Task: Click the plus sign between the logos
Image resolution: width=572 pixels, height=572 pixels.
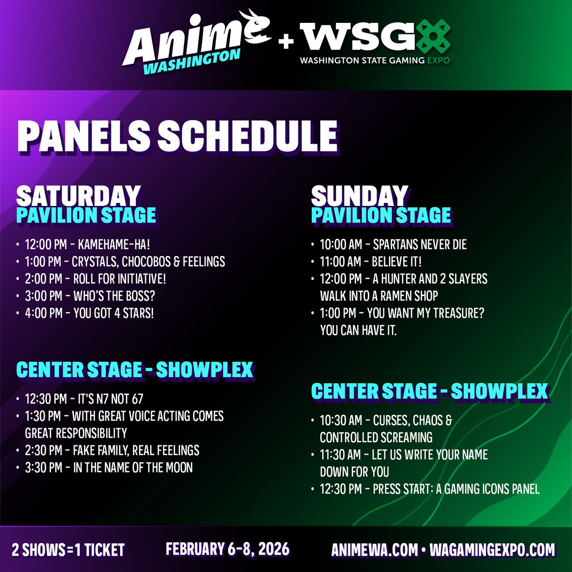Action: pos(286,42)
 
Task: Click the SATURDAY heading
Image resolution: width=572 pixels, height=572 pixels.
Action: pos(78,195)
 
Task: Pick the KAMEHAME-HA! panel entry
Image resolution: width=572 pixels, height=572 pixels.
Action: pos(88,245)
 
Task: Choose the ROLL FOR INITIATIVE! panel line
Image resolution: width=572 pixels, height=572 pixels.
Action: pos(95,279)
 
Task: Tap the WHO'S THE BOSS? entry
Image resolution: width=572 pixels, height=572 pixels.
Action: pos(90,296)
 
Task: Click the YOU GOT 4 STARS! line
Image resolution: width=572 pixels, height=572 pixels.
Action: pos(90,313)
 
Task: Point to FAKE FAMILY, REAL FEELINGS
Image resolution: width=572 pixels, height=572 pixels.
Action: pos(112,450)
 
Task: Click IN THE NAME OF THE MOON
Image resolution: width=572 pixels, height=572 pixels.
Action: pos(109,468)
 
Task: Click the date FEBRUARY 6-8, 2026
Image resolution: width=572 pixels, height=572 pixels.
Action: pos(227,549)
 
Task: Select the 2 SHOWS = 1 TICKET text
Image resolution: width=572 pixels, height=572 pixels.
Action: pos(68,550)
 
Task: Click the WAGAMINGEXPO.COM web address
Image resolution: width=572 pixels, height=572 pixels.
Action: pos(492,550)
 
